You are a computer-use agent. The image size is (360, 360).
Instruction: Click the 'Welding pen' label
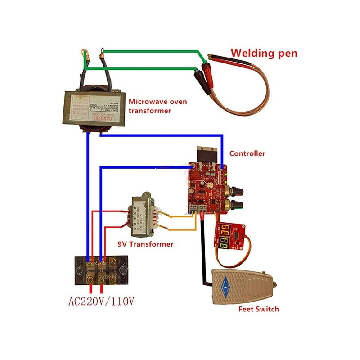tap(264, 53)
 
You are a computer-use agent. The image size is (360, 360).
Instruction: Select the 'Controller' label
tap(247, 153)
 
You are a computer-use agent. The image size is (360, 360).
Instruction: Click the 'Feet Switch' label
tap(258, 309)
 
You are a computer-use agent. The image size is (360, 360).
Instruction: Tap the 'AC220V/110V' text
tap(101, 301)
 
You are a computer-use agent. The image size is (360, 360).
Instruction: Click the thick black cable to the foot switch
tap(204, 252)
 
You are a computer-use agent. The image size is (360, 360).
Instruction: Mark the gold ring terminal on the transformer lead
tap(84, 55)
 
